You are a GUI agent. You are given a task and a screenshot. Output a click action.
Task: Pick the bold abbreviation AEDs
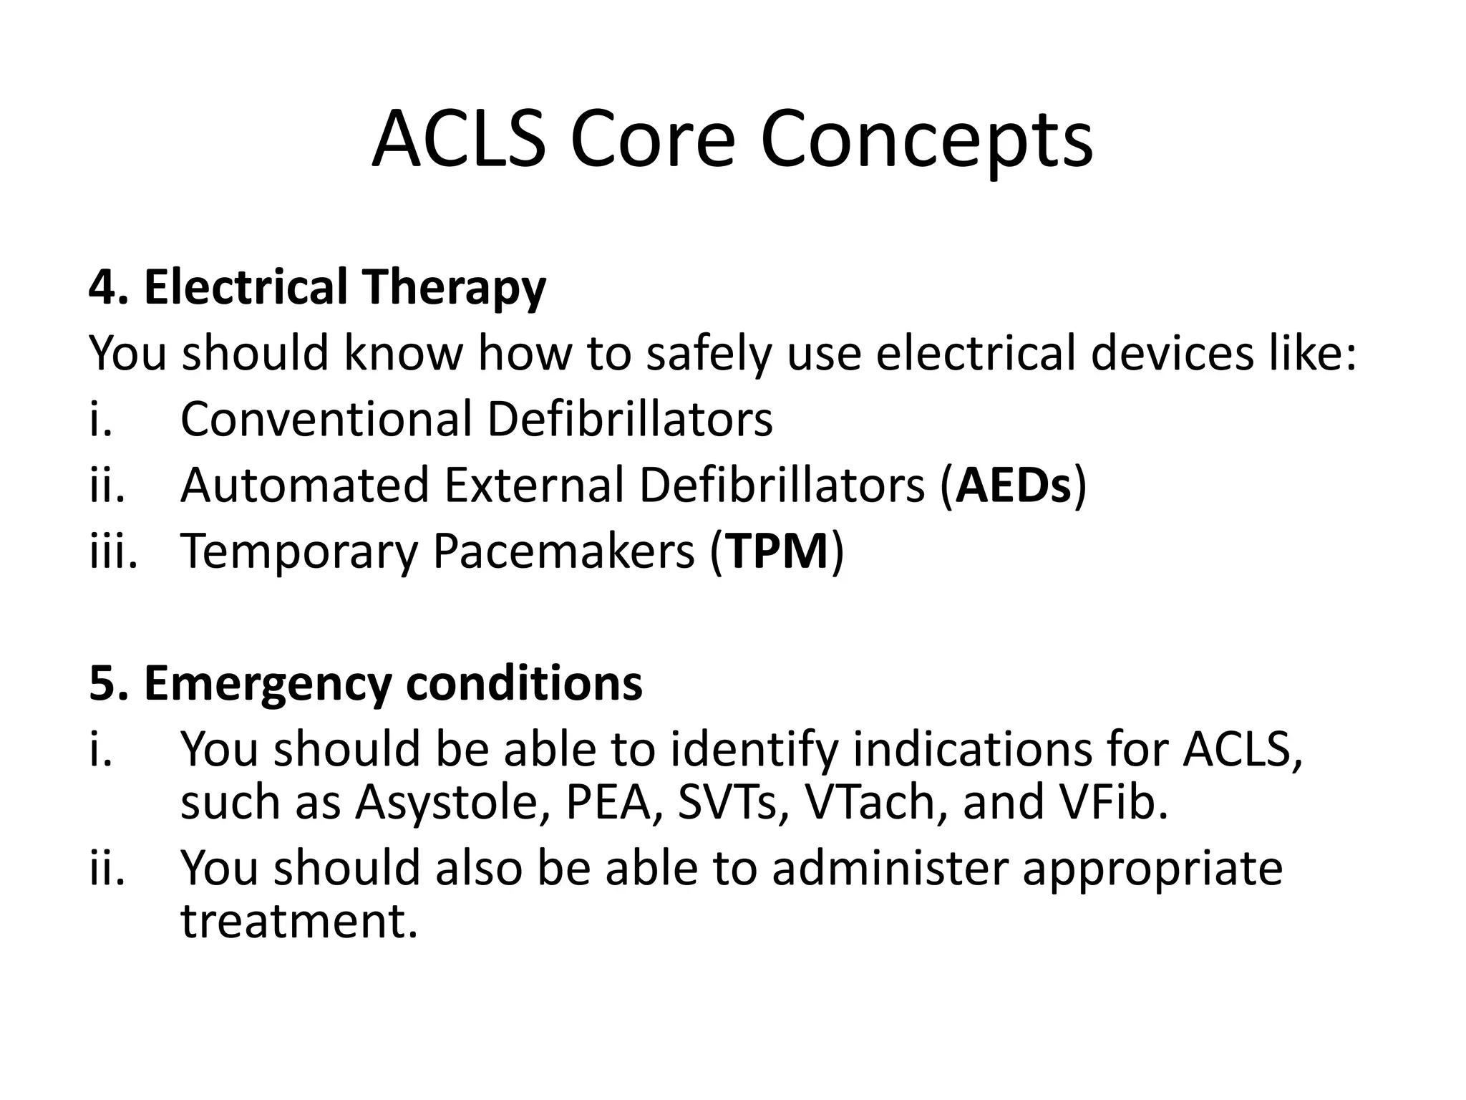click(x=1014, y=486)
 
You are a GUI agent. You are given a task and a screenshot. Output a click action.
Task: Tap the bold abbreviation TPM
click(x=777, y=551)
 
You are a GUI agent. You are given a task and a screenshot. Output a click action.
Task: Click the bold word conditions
click(x=524, y=683)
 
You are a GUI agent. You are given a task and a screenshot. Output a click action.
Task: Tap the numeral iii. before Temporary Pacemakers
click(x=112, y=551)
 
